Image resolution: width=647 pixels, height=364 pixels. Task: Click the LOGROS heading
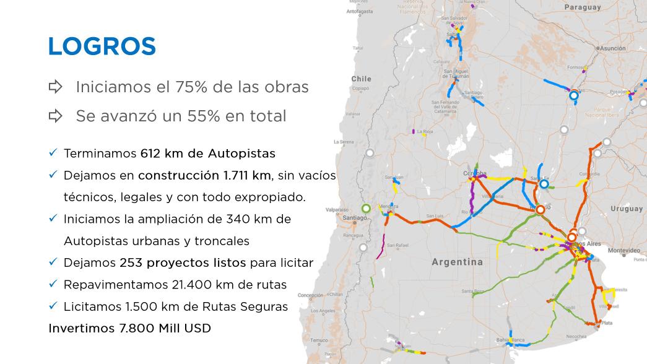(102, 46)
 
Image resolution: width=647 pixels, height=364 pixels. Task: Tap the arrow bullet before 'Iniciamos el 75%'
(56, 87)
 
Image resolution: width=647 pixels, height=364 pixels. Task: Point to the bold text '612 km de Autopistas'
(208, 153)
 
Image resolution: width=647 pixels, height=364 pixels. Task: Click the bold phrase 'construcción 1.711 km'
(204, 175)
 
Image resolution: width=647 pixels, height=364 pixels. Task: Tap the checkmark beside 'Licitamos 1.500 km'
(53, 306)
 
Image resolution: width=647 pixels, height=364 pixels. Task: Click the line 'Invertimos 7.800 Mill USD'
(129, 328)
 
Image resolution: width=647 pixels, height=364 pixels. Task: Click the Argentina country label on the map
(457, 262)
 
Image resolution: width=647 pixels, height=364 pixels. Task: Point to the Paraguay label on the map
(582, 7)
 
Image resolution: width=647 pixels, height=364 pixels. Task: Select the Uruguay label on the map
(627, 209)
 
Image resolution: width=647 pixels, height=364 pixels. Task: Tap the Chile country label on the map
(361, 79)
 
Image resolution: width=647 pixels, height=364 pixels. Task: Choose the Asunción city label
(612, 48)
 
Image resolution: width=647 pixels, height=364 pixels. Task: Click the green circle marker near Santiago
(366, 208)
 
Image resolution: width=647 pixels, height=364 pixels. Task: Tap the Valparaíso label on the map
(337, 210)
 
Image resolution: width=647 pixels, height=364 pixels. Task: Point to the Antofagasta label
(360, 11)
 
